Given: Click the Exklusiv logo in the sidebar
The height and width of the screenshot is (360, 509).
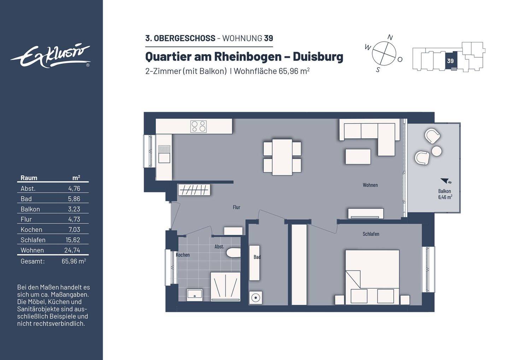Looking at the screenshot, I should coord(50,56).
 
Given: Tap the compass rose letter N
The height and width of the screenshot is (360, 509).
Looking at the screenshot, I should coord(390,37).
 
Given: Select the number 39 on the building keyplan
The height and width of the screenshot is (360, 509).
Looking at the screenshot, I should coord(450,61).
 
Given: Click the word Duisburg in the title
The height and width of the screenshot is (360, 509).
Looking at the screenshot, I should coord(318,57).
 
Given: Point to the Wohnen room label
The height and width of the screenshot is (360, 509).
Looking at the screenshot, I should coord(370,185).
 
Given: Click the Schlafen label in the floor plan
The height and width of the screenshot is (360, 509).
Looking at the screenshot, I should coord(371,234).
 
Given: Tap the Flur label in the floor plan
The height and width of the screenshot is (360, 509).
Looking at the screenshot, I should coord(236,207).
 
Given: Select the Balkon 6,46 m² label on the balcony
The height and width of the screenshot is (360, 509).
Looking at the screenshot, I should coord(445,194).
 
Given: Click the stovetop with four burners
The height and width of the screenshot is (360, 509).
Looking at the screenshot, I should coord(198,127).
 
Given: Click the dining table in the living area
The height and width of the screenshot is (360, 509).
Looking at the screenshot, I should coord(282,157).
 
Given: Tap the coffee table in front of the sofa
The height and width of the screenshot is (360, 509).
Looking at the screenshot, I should coord(358,157).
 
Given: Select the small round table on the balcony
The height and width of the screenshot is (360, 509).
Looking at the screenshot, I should coord(437,151).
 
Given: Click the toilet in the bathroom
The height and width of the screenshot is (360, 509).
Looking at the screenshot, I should coord(233,253).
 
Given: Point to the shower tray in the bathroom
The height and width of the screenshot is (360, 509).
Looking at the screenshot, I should coord(226,286).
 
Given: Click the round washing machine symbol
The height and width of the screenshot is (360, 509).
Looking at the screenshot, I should coord(255,298).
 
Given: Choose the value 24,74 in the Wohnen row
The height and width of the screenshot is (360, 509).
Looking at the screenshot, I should coord(72,250).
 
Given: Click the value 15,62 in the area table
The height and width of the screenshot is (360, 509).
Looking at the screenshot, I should coord(73,240).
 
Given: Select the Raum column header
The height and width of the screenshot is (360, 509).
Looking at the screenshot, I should coord(29,178).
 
